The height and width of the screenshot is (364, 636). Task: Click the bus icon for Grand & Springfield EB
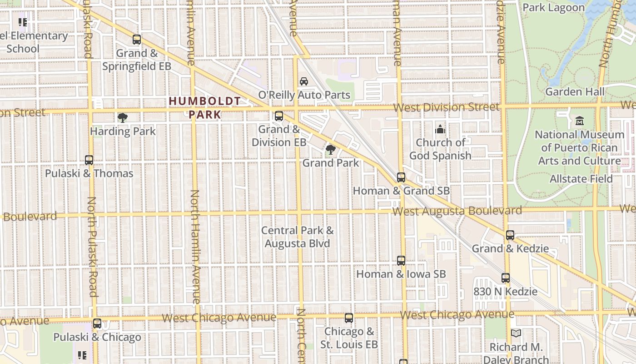point(137,40)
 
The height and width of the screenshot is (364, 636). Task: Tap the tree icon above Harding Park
point(122,118)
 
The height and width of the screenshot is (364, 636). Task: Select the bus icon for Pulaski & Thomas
point(89,160)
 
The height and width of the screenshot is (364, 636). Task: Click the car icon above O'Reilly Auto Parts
point(304,81)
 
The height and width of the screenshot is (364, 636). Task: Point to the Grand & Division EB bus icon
point(279,116)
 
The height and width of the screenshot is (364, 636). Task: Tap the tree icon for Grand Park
point(331,149)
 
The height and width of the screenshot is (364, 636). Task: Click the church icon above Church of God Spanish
point(440,130)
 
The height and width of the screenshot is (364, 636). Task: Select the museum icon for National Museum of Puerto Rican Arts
point(580,121)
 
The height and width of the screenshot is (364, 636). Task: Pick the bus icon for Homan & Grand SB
point(401,177)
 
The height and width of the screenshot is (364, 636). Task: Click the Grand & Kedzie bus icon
point(510,235)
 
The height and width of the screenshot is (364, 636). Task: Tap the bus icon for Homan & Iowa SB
point(401,261)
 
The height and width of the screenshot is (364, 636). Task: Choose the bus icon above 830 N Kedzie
point(506,278)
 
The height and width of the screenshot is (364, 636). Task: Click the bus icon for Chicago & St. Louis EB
point(349,318)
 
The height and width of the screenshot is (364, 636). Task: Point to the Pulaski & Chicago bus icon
point(97,324)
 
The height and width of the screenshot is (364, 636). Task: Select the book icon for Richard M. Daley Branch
point(516,334)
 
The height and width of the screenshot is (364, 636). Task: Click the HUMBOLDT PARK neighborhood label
point(205,107)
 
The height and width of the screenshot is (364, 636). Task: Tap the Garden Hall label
point(575,91)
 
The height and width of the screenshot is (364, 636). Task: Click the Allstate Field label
point(581,178)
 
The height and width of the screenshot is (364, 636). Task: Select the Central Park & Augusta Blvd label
point(298,237)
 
